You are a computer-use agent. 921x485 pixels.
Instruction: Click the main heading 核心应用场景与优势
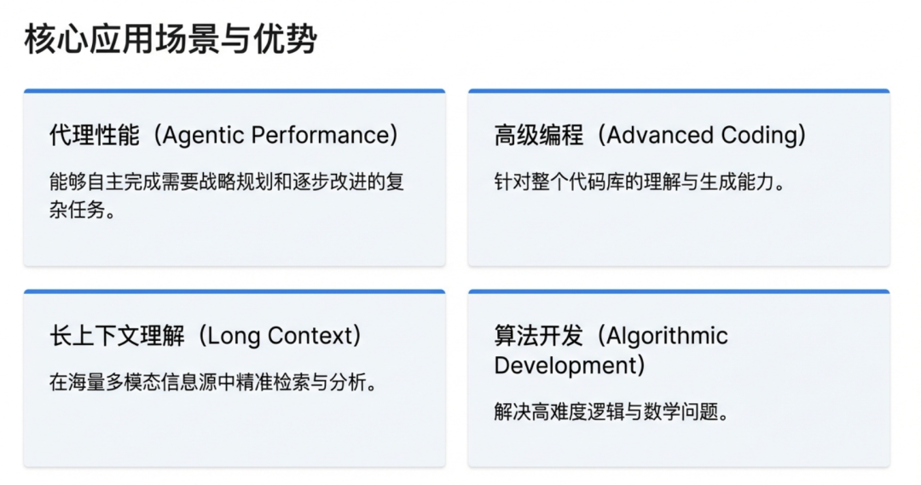pyautogui.click(x=171, y=39)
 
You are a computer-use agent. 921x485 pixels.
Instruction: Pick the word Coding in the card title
pyautogui.click(x=757, y=136)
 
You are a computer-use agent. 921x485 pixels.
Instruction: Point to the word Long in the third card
pyautogui.click(x=235, y=336)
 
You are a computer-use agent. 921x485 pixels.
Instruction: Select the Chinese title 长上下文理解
pyautogui.click(x=117, y=336)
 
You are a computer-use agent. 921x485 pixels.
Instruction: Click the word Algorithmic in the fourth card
pyautogui.click(x=668, y=336)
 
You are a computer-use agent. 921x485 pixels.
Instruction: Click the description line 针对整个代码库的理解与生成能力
pyautogui.click(x=639, y=182)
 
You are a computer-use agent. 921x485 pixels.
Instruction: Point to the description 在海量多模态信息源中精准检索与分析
pyautogui.click(x=213, y=383)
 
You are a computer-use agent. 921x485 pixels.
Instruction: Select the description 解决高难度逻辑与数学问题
pyautogui.click(x=611, y=413)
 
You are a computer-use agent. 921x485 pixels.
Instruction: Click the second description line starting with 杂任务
pyautogui.click(x=82, y=211)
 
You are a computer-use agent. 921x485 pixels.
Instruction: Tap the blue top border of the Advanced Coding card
pyautogui.click(x=679, y=90)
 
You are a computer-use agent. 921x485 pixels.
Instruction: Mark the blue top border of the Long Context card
pyautogui.click(x=235, y=292)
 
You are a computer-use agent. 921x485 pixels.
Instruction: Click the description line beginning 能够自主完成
pyautogui.click(x=226, y=182)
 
